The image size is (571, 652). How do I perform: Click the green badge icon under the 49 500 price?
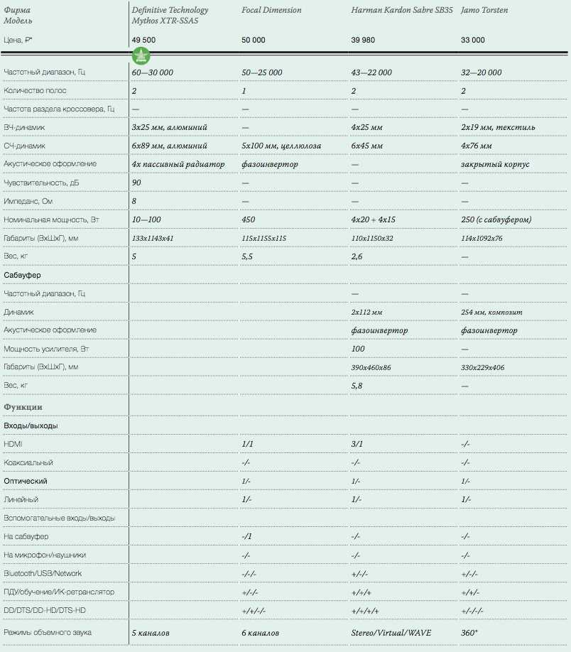(x=141, y=55)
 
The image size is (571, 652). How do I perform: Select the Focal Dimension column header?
(x=271, y=11)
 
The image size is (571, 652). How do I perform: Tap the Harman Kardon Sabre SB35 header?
(x=401, y=11)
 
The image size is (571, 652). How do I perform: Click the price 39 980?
(x=366, y=40)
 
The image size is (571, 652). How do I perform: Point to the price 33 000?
(x=473, y=40)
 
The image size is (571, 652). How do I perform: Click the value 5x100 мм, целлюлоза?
(x=281, y=146)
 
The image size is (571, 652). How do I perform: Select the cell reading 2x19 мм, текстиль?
(x=498, y=127)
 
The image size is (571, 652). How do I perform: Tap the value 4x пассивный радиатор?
(x=178, y=164)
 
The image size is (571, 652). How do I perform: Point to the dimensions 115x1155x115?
(x=263, y=238)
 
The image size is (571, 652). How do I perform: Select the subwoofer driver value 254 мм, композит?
(x=491, y=312)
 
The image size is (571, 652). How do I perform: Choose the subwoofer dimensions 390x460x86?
(x=371, y=367)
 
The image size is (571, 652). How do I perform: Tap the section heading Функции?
(x=23, y=407)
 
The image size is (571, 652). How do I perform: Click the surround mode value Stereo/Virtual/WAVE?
(x=391, y=632)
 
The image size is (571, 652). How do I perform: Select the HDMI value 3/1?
(x=357, y=444)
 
